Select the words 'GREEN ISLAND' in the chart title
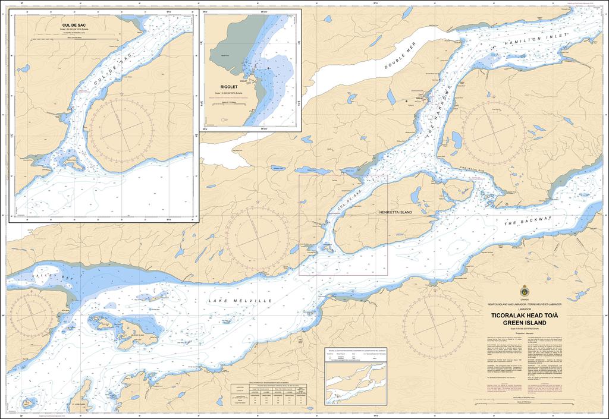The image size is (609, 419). point(525,323)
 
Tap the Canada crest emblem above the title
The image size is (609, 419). point(525,292)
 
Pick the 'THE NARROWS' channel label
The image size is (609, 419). point(437,112)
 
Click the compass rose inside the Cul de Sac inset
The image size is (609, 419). point(122,127)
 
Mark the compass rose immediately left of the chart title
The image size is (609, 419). point(434,322)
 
